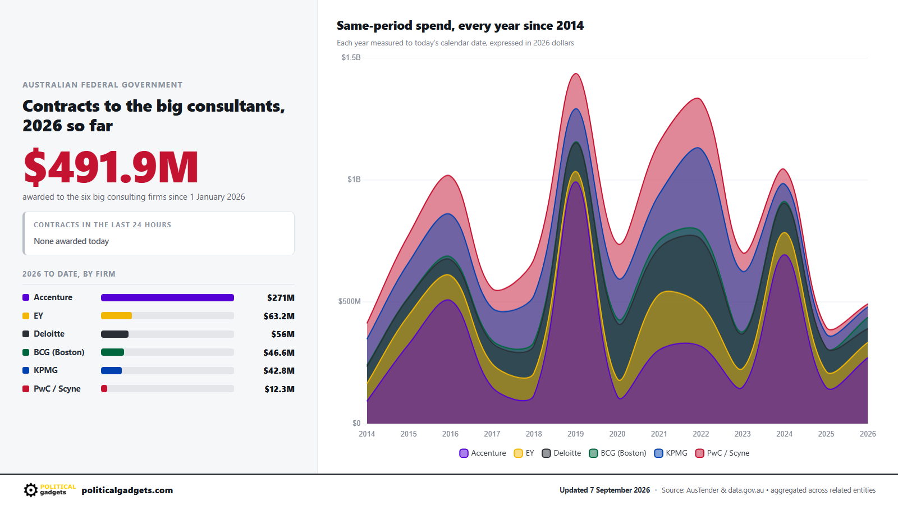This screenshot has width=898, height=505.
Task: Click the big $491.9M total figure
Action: point(111,167)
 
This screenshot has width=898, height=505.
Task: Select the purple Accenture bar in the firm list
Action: point(168,297)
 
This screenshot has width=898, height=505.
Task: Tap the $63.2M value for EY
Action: point(279,316)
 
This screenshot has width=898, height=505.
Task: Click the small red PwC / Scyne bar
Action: point(104,389)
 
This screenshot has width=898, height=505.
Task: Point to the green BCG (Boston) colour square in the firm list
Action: point(26,352)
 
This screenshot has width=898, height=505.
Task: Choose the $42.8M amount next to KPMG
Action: point(279,371)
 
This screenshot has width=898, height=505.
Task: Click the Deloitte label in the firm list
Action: point(49,334)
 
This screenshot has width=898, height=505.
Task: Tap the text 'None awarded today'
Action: point(71,241)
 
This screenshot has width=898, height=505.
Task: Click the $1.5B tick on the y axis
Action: point(351,58)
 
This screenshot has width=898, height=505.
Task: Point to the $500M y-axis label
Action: point(350,301)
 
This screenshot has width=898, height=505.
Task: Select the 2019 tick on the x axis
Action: point(576,434)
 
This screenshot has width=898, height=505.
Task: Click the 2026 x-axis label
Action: point(868,434)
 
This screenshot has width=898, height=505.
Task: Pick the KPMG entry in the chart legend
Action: point(671,453)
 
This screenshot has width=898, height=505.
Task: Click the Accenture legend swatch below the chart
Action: point(464,453)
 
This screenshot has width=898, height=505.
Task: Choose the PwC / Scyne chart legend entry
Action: point(722,453)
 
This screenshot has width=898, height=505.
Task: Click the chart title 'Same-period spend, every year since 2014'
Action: point(460,26)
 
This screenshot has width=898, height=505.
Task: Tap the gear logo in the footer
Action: point(30,490)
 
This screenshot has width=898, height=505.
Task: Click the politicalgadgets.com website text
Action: point(127,490)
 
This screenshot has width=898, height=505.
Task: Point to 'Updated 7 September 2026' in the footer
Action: point(604,490)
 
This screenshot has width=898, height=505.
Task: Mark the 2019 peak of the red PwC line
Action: point(576,74)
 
